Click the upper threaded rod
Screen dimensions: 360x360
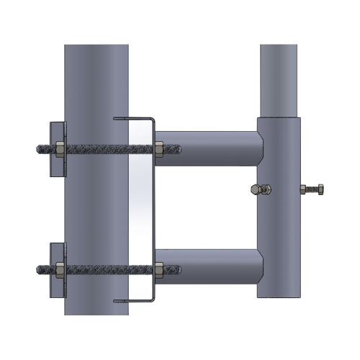(x=101, y=150)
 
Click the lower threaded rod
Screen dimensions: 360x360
(x=101, y=270)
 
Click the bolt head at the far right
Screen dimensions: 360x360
(x=319, y=190)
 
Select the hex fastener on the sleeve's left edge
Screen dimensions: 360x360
(x=258, y=189)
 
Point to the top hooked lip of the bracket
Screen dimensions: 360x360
(x=133, y=118)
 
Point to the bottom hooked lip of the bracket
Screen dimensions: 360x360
(x=133, y=300)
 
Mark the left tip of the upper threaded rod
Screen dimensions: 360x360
(x=37, y=150)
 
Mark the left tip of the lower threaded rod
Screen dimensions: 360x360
(x=37, y=270)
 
